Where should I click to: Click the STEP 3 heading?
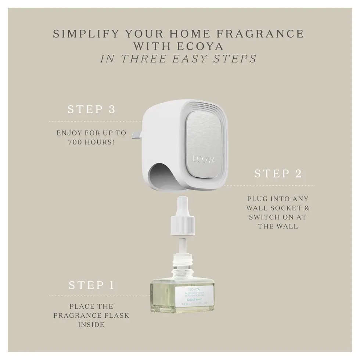91,109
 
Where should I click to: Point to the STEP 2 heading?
278,173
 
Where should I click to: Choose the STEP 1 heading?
91,285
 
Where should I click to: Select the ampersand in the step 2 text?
306,208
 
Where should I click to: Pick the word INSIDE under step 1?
91,325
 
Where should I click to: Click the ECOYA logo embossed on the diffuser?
204,159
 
